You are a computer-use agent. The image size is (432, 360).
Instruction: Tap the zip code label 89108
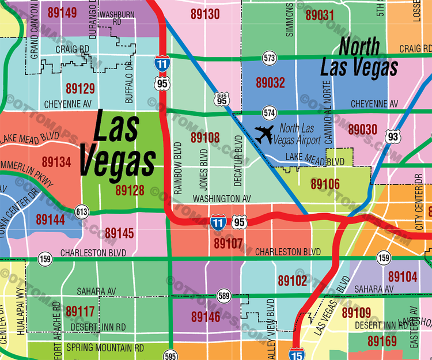pyautogui.click(x=205, y=138)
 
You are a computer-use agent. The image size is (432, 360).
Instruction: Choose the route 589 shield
pyautogui.click(x=224, y=296)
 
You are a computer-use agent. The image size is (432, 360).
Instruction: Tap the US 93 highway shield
pyautogui.click(x=393, y=137)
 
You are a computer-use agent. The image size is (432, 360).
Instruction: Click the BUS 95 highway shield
pyautogui.click(x=221, y=98)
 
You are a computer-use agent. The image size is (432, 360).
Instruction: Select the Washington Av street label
pyautogui.click(x=222, y=198)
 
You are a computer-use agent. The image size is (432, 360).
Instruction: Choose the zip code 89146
pyautogui.click(x=205, y=317)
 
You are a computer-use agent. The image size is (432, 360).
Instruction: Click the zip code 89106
pyautogui.click(x=325, y=184)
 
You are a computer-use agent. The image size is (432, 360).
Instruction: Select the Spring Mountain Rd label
pyautogui.click(x=105, y=348)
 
